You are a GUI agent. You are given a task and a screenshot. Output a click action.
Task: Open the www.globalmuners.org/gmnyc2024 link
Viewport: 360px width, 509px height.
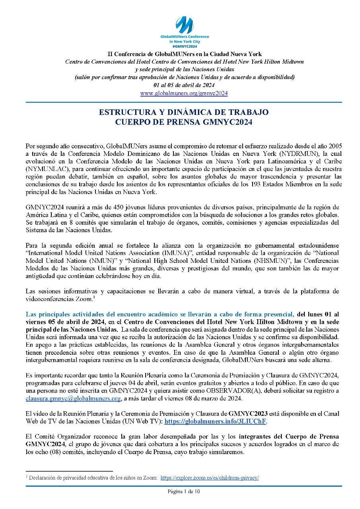click(x=184, y=93)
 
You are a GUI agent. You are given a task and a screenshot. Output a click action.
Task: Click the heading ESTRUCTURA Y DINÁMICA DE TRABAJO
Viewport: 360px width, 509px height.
click(x=184, y=112)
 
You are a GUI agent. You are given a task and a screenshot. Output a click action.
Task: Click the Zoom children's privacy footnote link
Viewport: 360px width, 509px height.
click(x=210, y=478)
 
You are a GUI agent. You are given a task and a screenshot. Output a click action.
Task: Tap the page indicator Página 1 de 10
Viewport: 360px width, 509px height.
click(x=183, y=492)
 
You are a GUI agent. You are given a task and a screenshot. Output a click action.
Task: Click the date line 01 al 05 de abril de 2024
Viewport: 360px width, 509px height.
click(x=184, y=85)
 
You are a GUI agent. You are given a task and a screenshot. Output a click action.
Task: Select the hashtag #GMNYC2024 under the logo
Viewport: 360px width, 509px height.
click(x=184, y=46)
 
